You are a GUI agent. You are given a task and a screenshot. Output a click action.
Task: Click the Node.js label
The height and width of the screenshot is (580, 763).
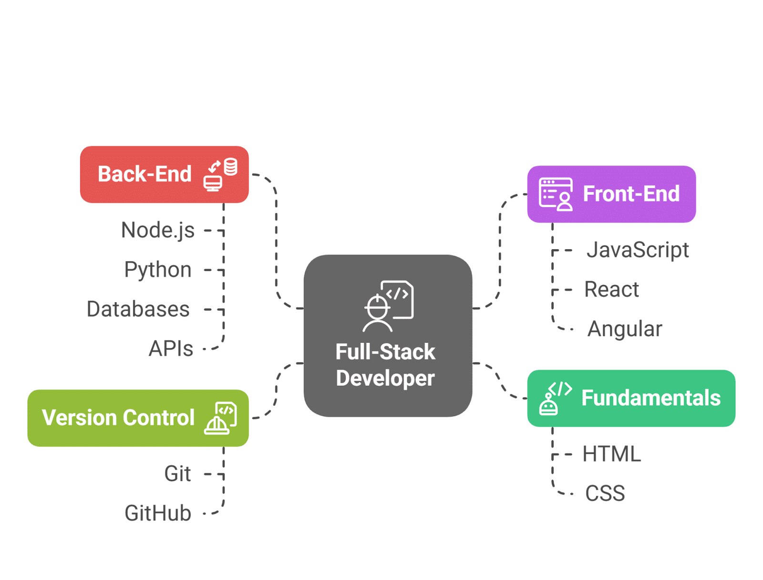[158, 230]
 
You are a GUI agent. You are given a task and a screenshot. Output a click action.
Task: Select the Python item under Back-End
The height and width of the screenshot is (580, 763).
[157, 270]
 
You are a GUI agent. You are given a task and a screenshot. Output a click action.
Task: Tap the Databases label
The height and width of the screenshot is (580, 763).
[138, 309]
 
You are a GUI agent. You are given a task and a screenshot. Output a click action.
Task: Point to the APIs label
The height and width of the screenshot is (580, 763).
[171, 348]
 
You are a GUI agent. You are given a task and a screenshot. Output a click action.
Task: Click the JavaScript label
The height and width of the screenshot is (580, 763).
[638, 250]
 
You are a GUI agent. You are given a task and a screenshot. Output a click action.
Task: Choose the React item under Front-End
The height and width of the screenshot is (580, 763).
[611, 290]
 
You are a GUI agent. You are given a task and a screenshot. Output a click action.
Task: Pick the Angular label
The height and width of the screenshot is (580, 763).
[625, 329]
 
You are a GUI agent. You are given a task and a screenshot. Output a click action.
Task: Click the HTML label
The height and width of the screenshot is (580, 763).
[611, 454]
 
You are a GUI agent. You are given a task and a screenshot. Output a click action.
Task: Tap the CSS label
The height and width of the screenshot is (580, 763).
[605, 494]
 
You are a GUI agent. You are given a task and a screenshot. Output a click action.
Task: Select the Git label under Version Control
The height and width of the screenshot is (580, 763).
[177, 474]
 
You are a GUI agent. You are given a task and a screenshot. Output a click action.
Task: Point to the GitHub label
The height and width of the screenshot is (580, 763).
[157, 513]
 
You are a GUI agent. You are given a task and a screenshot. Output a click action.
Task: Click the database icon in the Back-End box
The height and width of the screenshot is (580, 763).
[221, 175]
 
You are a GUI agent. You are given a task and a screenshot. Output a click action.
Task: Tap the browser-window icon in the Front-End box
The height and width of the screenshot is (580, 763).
[556, 194]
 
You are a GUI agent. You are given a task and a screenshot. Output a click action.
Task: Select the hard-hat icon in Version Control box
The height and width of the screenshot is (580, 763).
[220, 418]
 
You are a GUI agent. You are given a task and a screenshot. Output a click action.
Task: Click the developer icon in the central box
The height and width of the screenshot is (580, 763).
[388, 306]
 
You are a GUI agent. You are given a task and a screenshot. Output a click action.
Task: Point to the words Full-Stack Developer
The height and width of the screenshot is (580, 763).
[385, 365]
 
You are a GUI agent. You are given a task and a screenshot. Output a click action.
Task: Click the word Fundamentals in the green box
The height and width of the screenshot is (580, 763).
[651, 398]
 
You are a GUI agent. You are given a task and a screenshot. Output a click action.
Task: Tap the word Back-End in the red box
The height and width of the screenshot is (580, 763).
[144, 174]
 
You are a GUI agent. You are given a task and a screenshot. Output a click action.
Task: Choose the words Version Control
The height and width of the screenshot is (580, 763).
[118, 418]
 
